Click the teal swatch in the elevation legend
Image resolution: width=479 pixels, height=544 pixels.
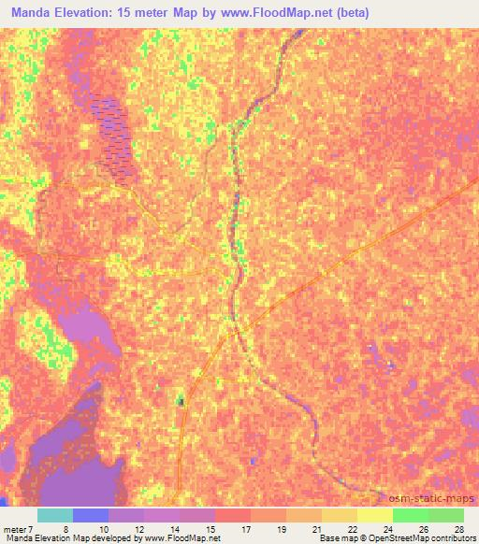[55, 515]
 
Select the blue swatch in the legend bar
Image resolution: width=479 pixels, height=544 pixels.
[91, 515]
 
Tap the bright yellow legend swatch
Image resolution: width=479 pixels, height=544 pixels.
[375, 515]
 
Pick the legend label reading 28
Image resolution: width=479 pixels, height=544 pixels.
[458, 528]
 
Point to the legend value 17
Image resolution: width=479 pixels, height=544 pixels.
[246, 528]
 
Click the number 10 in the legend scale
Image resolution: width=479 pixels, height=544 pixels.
[104, 528]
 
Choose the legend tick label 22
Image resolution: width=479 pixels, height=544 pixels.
[353, 528]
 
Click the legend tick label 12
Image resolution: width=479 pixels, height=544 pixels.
[139, 528]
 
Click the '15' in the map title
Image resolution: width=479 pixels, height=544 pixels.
[129, 13]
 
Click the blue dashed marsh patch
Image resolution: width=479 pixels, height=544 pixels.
[114, 136]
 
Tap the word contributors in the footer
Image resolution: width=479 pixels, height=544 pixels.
[454, 538]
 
